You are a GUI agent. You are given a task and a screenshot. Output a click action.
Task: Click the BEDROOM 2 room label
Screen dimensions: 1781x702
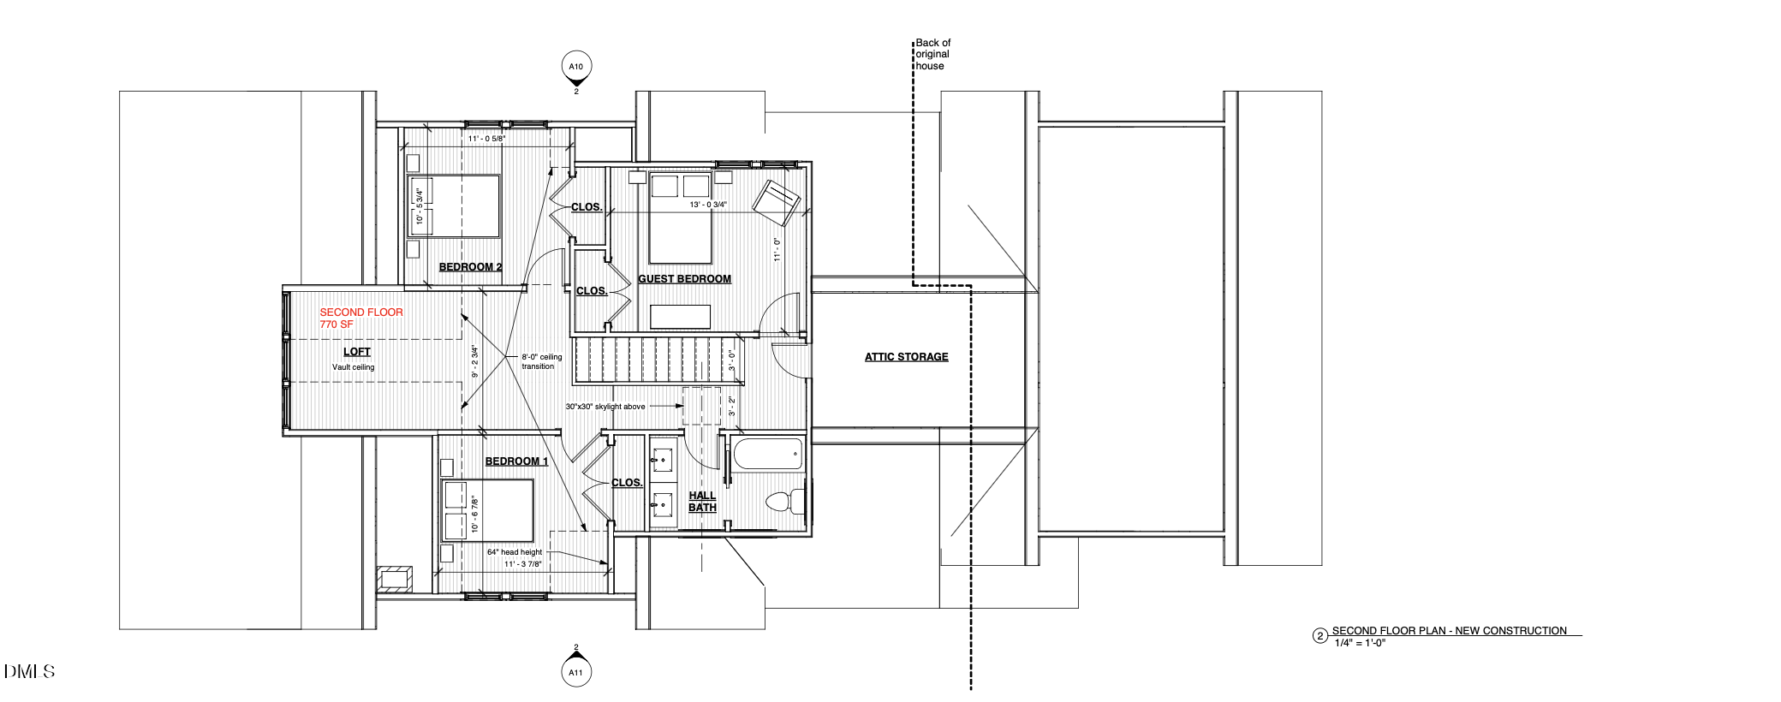(470, 267)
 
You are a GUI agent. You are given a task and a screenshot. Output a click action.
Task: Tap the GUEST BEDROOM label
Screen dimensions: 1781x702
(684, 279)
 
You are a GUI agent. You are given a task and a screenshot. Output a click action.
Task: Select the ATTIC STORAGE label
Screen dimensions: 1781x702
(906, 357)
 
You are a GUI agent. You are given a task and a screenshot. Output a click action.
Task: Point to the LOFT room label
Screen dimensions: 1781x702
(357, 352)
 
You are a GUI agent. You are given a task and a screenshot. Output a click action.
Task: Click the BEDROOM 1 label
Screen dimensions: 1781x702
(516, 461)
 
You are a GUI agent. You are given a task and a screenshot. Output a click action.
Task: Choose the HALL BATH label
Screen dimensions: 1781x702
(702, 502)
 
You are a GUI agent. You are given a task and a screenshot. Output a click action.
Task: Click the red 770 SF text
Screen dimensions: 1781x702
(337, 324)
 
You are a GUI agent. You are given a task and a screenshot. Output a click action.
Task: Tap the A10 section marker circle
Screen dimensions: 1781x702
(576, 66)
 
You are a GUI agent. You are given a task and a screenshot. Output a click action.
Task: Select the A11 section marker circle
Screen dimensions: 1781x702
(576, 672)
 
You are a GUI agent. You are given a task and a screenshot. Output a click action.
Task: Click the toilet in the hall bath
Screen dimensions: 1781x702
(785, 501)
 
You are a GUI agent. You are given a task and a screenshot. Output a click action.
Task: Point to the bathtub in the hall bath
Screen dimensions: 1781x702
(768, 454)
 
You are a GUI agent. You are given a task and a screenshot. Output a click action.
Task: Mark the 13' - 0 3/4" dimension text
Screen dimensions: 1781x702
(708, 205)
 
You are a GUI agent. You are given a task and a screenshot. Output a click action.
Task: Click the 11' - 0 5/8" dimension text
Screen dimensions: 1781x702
(486, 138)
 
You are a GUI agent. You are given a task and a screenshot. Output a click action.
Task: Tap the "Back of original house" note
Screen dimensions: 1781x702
(932, 54)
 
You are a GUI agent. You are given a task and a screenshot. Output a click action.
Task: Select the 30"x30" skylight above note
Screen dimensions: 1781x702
(605, 407)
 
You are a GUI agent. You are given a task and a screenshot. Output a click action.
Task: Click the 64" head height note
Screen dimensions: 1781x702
(515, 552)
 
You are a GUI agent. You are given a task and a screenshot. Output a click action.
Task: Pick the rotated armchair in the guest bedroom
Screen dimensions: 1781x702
(776, 202)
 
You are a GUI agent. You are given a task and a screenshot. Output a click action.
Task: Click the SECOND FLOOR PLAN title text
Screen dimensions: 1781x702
(1449, 631)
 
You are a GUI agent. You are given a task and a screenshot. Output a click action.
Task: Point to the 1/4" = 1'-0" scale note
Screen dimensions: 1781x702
(1360, 643)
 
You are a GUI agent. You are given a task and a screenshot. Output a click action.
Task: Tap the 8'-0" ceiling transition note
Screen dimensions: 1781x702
(541, 361)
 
